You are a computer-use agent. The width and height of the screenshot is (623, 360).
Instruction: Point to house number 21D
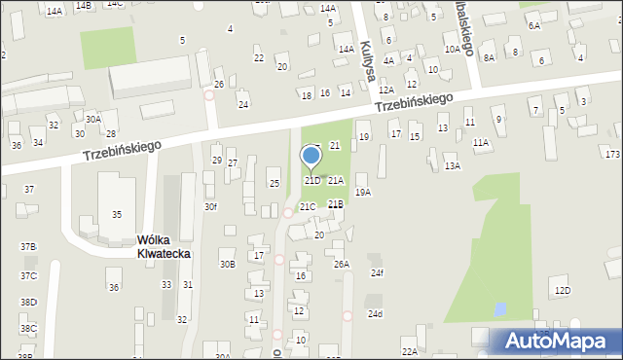click(312, 180)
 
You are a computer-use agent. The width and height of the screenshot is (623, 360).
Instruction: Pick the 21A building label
click(336, 180)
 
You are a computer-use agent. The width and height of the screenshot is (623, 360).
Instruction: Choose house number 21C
click(308, 206)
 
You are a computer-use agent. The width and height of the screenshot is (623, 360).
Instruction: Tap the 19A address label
click(363, 193)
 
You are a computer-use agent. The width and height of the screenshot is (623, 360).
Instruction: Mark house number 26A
click(341, 264)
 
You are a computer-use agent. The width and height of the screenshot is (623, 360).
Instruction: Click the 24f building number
click(377, 272)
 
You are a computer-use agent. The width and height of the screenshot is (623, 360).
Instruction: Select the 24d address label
click(376, 313)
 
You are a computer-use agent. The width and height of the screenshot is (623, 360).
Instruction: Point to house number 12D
click(562, 290)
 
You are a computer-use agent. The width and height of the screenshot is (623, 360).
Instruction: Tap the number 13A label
click(453, 166)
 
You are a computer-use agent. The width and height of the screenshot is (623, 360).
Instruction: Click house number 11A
click(481, 142)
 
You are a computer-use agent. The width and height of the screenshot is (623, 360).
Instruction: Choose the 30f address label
click(210, 206)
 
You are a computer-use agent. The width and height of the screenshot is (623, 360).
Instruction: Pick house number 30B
click(227, 264)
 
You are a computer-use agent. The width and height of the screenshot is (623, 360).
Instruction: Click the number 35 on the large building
click(117, 214)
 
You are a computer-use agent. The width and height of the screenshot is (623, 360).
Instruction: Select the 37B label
click(28, 247)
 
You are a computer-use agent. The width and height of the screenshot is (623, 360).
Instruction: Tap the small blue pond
click(499, 309)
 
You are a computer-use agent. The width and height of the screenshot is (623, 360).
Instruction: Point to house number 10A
click(452, 49)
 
